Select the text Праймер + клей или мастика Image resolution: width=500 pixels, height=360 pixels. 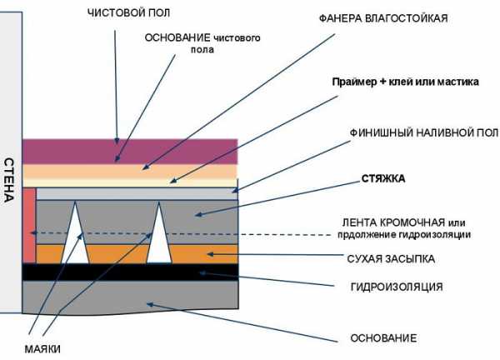point(405,85)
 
